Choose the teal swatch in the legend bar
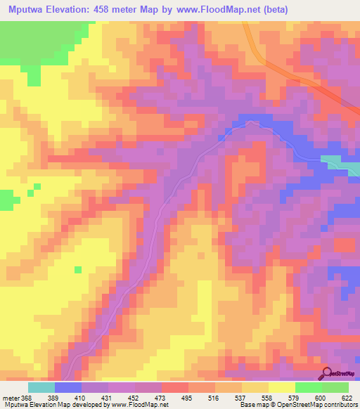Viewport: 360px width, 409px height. (x=41, y=388)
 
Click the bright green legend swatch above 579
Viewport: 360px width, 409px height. (x=309, y=388)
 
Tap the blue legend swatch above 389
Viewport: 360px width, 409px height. (x=68, y=388)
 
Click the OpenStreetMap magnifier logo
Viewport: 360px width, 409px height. (x=327, y=373)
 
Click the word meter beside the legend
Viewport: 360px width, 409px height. (x=10, y=398)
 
